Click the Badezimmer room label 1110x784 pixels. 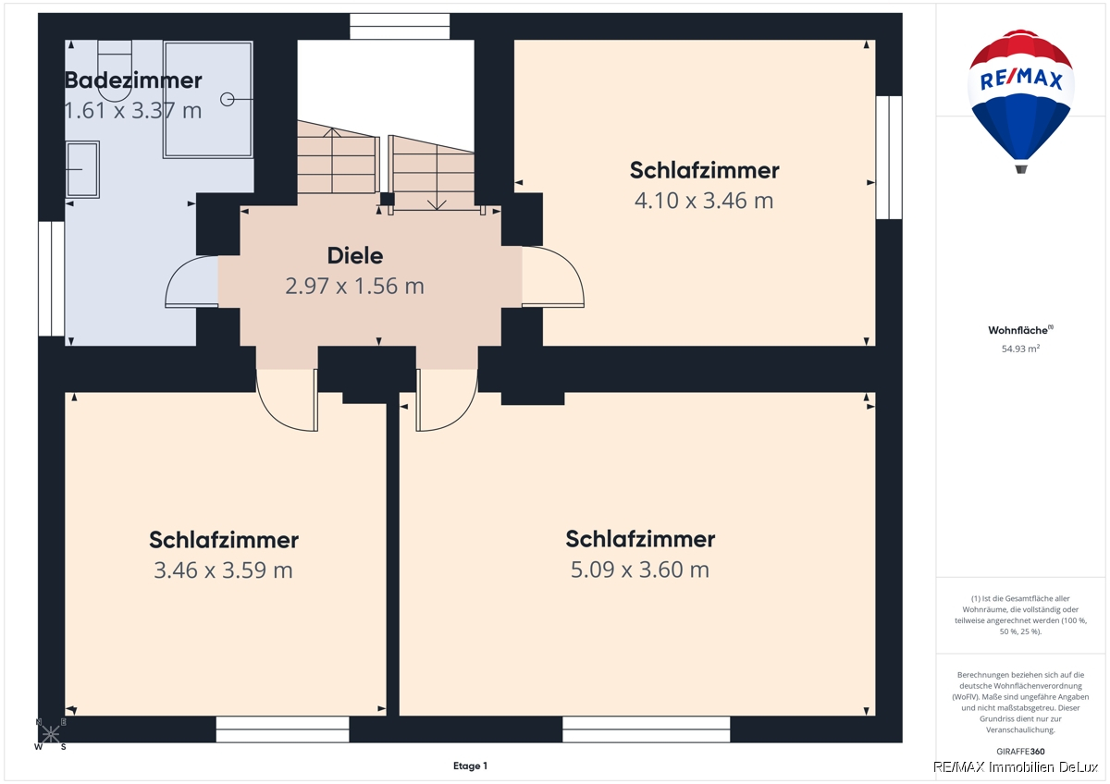click(x=133, y=80)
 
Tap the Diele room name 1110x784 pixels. click(x=355, y=255)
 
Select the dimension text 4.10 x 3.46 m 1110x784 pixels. click(x=704, y=201)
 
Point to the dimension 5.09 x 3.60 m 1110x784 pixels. click(x=640, y=570)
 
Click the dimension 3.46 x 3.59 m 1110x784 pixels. click(x=223, y=570)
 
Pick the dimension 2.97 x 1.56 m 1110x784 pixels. click(x=355, y=287)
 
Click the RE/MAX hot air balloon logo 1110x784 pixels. click(x=1021, y=102)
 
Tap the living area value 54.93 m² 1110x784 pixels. click(x=1020, y=349)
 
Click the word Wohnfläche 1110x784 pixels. click(x=1018, y=330)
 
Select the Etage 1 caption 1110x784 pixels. click(x=470, y=766)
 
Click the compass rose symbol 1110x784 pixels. click(x=50, y=733)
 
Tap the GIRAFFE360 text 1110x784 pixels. click(x=1020, y=751)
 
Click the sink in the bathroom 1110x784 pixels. click(x=82, y=169)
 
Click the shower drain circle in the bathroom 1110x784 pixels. click(x=227, y=100)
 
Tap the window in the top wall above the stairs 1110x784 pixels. click(x=400, y=26)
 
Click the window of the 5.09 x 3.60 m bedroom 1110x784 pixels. click(x=647, y=729)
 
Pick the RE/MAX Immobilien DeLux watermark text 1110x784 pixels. click(x=1016, y=767)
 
